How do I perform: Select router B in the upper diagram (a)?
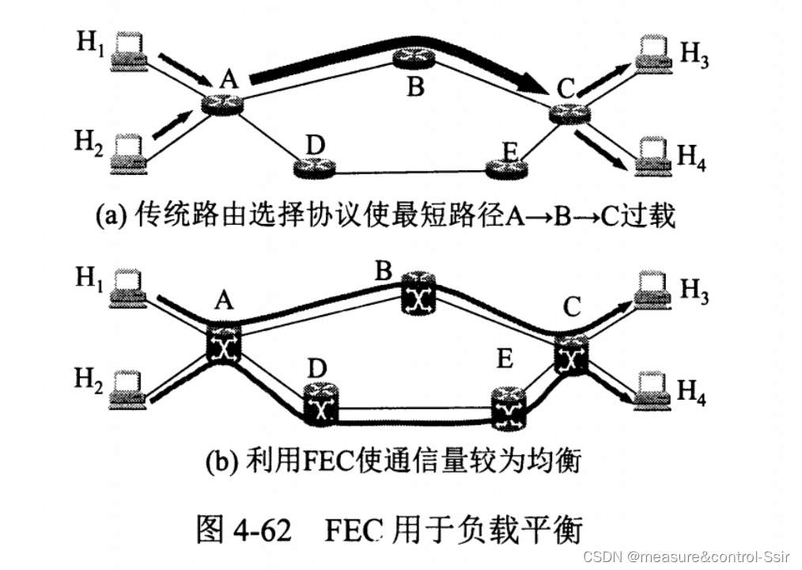411,59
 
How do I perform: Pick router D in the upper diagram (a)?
315,167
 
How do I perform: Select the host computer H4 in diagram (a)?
653,154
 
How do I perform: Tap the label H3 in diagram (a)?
694,56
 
